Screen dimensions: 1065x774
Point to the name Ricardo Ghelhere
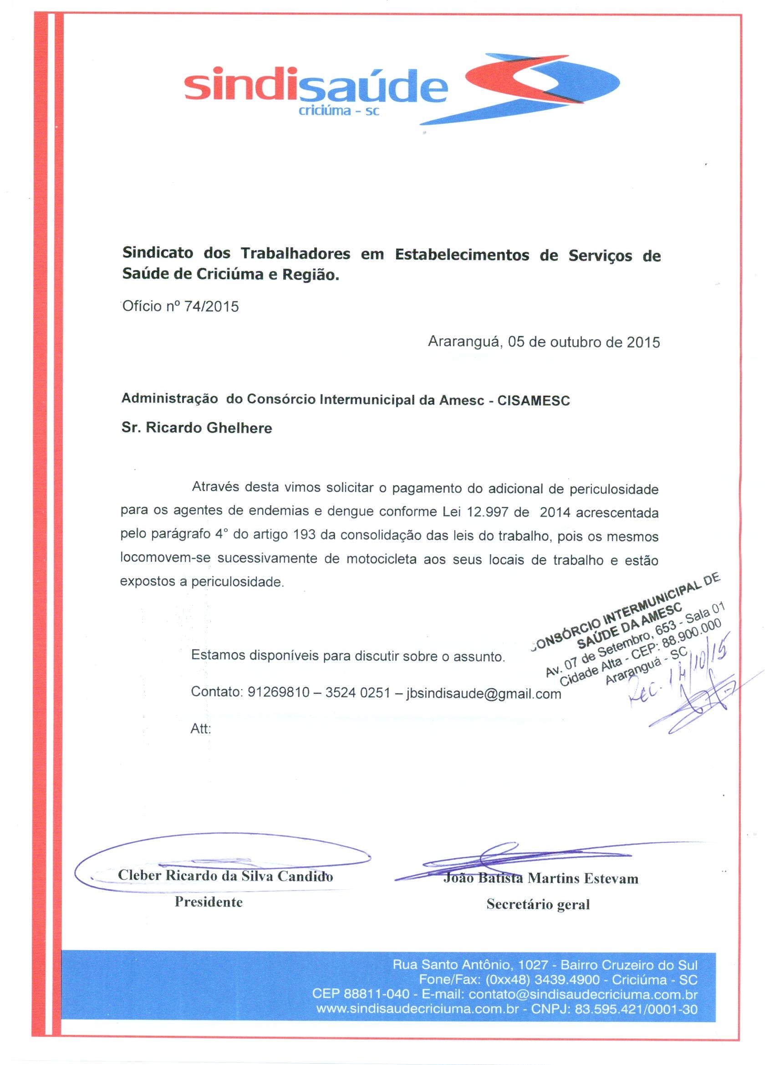(209, 428)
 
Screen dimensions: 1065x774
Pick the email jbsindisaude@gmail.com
(484, 694)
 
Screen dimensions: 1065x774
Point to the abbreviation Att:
(201, 728)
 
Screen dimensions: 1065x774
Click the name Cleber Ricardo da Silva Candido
(225, 876)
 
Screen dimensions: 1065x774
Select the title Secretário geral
(538, 904)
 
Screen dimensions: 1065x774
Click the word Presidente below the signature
(209, 901)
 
